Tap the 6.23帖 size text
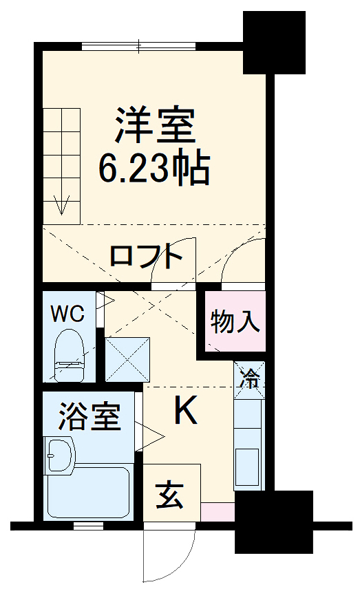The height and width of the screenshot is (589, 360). tap(154, 167)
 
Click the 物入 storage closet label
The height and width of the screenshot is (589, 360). tap(236, 321)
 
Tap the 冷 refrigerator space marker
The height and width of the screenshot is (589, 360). tap(250, 377)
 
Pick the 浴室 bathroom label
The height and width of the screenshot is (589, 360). tap(89, 417)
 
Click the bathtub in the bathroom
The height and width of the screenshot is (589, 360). tap(89, 493)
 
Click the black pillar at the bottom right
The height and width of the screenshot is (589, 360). tap(274, 521)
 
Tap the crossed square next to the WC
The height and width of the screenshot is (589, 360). tap(127, 358)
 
